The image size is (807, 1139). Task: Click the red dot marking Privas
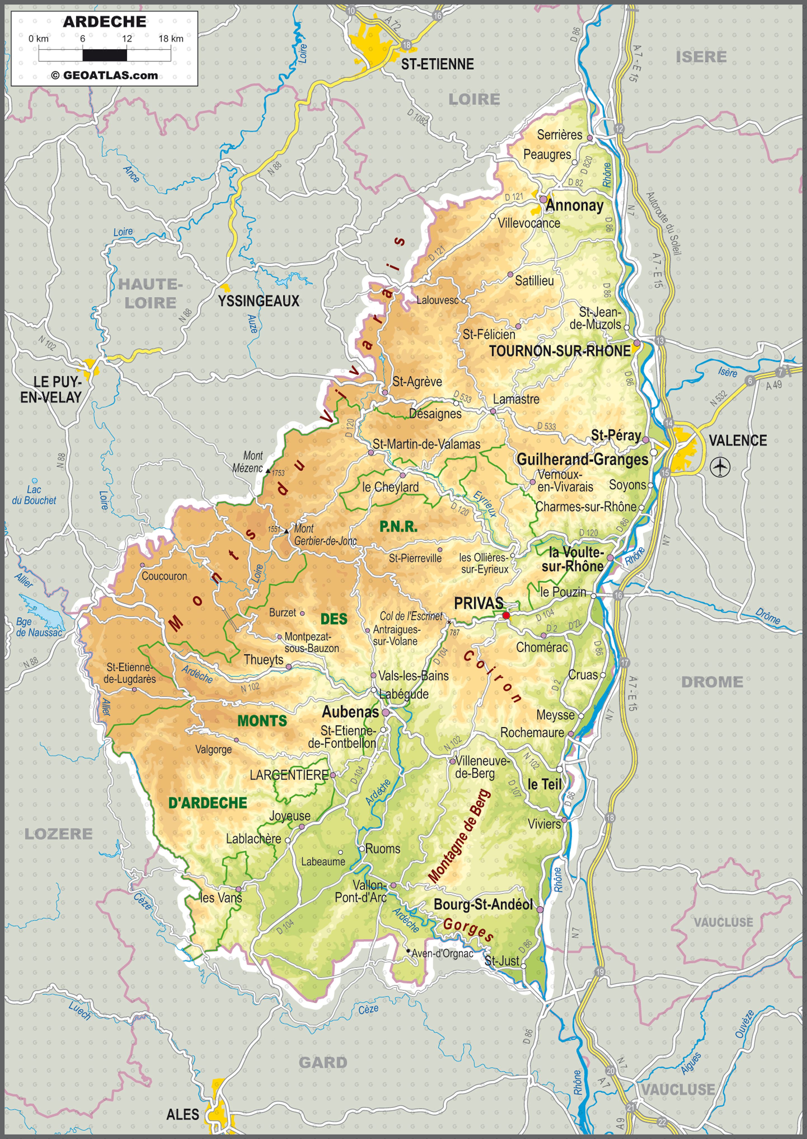coord(506,615)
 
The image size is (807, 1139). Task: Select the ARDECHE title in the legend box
coord(104,21)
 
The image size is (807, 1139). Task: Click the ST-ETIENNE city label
coord(437,64)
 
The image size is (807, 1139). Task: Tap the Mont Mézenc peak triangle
coord(268,470)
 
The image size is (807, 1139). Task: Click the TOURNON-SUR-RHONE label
coord(560,351)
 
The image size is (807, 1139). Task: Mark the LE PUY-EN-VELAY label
coord(51,389)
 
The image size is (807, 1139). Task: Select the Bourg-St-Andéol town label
coord(483,904)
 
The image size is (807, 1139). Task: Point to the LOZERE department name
coord(59,834)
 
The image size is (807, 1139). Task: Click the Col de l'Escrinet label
coord(411,616)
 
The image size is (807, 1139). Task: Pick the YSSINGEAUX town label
coord(259,301)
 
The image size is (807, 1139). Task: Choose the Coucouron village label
coord(165,576)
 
